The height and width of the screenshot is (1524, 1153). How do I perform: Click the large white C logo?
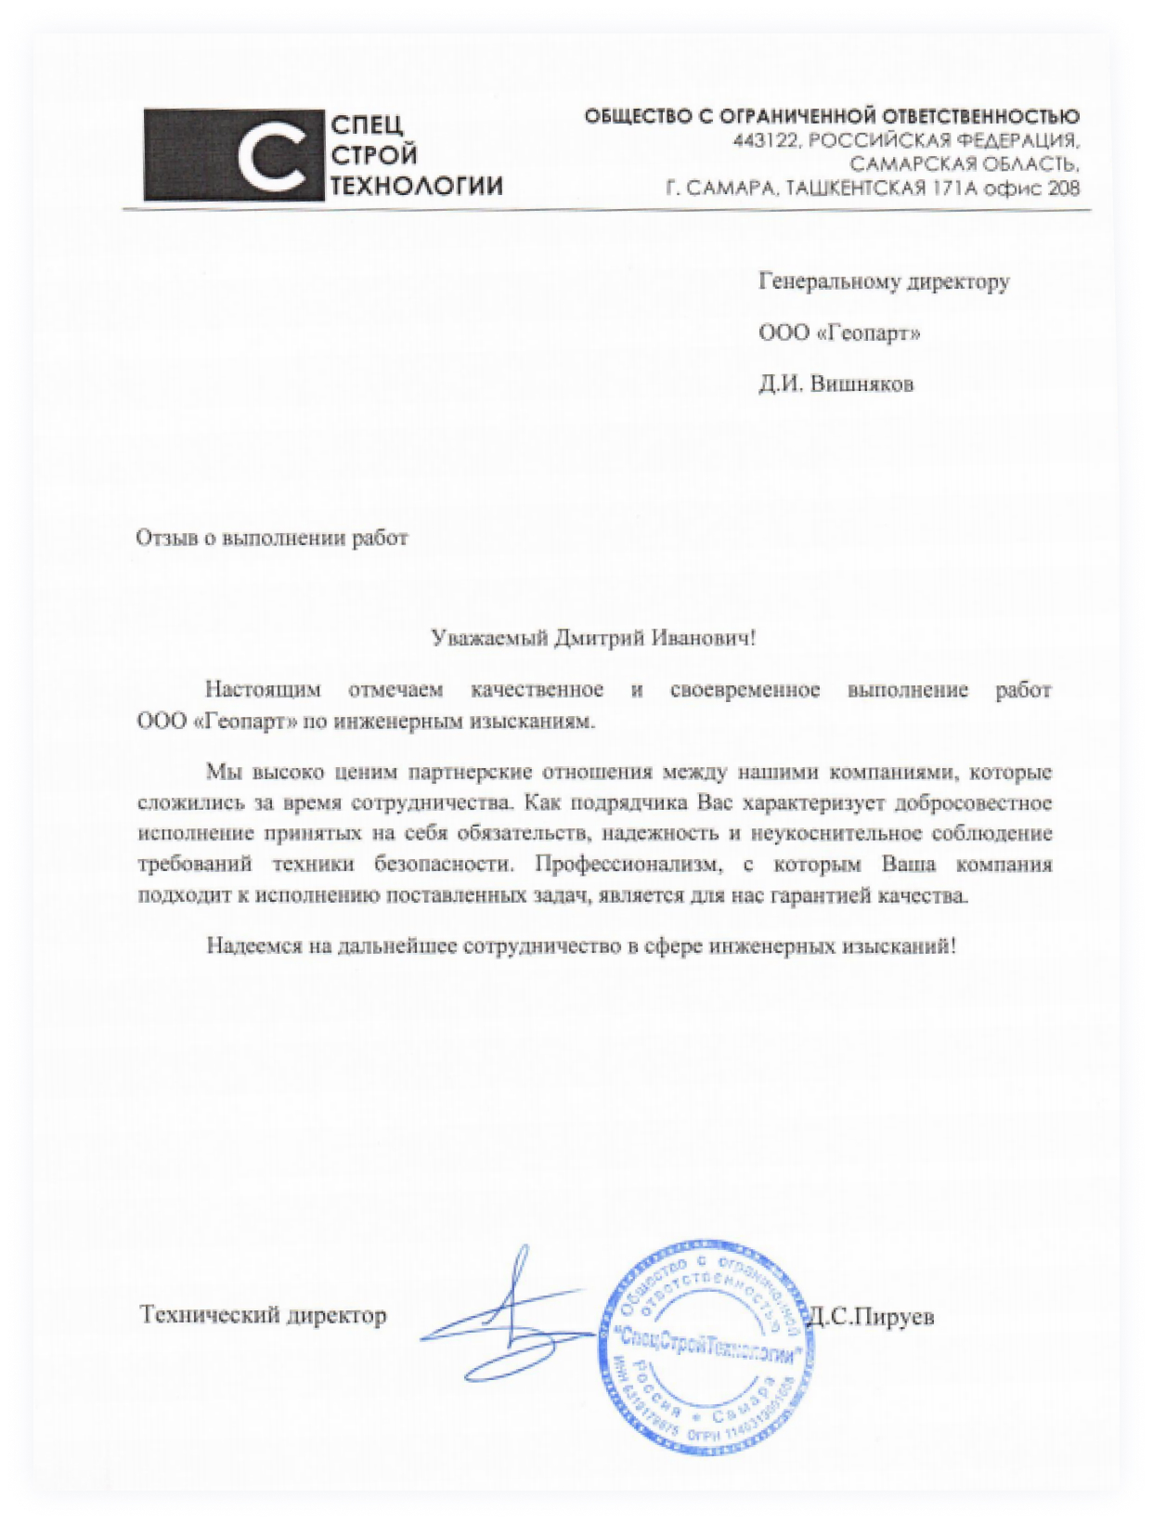coord(270,155)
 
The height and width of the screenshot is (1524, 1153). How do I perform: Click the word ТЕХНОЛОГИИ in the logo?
coord(416,186)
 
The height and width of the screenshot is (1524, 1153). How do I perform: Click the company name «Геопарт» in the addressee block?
coord(867,332)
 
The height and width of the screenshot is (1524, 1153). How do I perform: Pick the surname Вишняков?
coord(862,384)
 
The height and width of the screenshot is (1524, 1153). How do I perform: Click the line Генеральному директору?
coord(884,281)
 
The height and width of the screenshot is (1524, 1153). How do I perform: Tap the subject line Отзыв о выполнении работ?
coord(272,539)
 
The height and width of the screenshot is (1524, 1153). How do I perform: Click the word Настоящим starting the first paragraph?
coord(263,690)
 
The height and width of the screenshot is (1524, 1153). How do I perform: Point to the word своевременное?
coord(745,690)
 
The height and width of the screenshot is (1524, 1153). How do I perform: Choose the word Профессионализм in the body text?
coord(628,865)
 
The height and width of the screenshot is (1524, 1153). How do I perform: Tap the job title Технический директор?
coord(263,1315)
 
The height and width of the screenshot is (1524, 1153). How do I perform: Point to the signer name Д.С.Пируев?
coord(873,1316)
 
